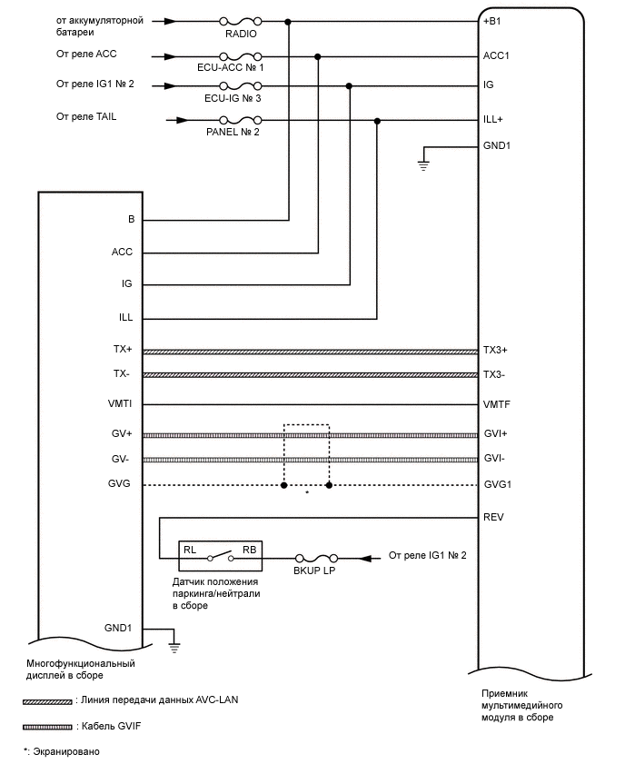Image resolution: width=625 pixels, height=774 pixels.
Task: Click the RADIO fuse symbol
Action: [x=242, y=20]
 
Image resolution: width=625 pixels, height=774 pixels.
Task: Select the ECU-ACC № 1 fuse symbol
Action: [x=242, y=55]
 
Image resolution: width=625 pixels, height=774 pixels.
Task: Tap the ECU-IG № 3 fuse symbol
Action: [x=242, y=85]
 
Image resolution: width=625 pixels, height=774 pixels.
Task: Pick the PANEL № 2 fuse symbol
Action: [x=242, y=120]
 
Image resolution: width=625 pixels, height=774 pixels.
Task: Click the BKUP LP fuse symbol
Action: [x=318, y=557]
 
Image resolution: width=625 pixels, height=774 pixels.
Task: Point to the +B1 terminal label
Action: [x=492, y=21]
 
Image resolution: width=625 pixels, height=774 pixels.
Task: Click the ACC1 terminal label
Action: [x=496, y=55]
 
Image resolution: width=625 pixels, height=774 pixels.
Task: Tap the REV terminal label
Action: [x=493, y=518]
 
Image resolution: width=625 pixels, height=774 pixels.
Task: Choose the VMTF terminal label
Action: [x=496, y=404]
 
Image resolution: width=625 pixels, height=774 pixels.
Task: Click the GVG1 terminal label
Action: [x=497, y=485]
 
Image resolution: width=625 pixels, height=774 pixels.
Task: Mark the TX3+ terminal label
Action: [x=496, y=351]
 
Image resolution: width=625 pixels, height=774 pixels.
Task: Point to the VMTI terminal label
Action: [x=120, y=404]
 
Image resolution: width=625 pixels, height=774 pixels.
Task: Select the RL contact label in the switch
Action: [x=190, y=549]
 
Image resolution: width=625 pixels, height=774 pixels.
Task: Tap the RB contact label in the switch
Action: [x=249, y=549]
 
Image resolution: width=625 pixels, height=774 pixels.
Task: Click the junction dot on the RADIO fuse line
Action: [x=289, y=21]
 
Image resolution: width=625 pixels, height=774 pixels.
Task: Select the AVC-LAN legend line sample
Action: [x=48, y=702]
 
